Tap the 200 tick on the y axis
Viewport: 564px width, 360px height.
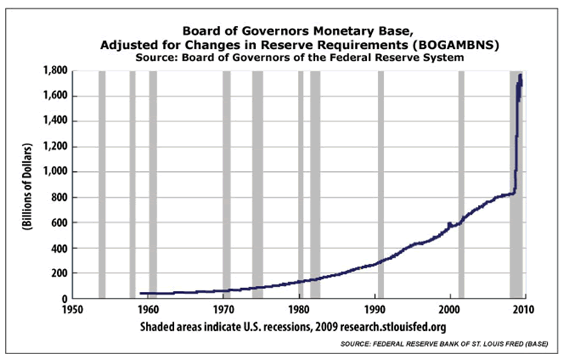click(59, 273)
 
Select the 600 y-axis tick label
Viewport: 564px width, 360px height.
click(59, 222)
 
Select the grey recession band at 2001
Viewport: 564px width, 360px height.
click(461, 185)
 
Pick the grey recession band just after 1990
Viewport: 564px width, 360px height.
click(381, 185)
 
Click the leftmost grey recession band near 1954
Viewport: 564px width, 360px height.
click(102, 185)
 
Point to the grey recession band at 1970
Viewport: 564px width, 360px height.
click(227, 185)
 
